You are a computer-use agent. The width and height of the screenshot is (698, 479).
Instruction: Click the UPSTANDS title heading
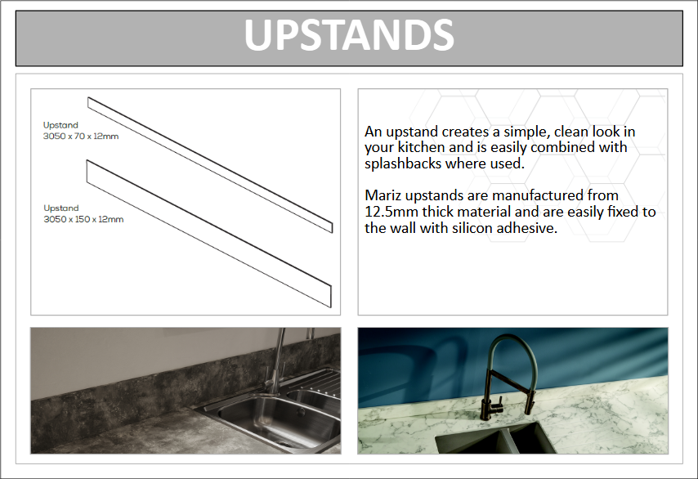(349, 35)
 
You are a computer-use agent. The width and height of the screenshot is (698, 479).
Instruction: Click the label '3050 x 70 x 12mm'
(81, 137)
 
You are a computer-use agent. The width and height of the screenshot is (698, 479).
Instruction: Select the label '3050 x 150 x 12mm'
(83, 219)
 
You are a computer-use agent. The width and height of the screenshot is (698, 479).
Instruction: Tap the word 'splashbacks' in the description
(403, 163)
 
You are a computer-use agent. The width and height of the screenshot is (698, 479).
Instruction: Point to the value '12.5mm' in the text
(392, 213)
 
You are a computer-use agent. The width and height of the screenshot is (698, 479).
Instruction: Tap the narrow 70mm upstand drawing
(210, 165)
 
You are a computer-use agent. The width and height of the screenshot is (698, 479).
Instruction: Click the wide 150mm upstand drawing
(209, 234)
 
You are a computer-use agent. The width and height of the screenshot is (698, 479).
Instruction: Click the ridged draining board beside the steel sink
(318, 380)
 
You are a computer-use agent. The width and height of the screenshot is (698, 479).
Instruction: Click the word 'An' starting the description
(373, 132)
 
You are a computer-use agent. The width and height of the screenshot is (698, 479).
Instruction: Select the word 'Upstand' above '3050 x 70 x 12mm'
(60, 125)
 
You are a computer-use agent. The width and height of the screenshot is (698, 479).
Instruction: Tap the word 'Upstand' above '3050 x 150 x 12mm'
(61, 208)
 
